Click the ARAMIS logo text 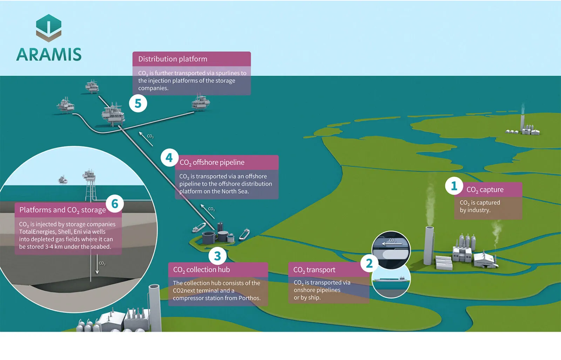(49, 54)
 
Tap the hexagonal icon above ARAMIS (49, 28)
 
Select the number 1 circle (454, 186)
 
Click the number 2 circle (369, 263)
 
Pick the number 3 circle (217, 256)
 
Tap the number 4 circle (169, 158)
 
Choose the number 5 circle (138, 103)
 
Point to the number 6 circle (115, 204)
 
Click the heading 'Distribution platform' (173, 59)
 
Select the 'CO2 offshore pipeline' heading (212, 162)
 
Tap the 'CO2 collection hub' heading (201, 270)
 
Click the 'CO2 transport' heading (314, 270)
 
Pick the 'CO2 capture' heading (485, 190)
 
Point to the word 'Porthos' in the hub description (249, 298)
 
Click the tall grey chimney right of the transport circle (428, 245)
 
